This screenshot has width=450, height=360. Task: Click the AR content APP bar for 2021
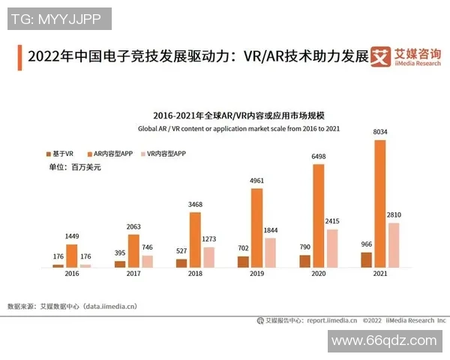(380, 202)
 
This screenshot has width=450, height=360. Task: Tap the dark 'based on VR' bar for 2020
(304, 261)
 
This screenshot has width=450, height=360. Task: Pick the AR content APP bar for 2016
(71, 256)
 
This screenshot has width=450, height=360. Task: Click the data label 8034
(380, 133)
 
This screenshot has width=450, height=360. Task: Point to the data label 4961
(256, 181)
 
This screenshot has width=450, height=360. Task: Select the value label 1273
(208, 240)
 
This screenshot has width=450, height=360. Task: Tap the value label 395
(120, 253)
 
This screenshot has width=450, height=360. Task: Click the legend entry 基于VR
(59, 153)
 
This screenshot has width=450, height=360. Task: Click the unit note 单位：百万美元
(75, 167)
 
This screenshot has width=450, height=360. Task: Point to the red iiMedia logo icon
(382, 56)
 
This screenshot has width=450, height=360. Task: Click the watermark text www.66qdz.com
(384, 340)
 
